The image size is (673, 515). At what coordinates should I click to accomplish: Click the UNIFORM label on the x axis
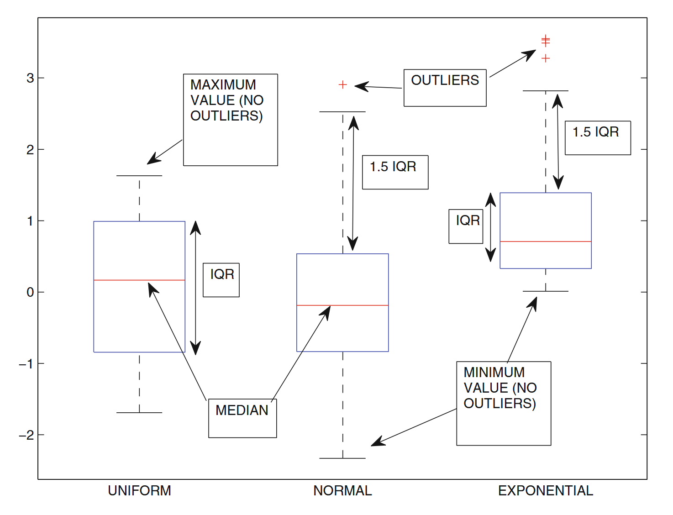click(x=139, y=491)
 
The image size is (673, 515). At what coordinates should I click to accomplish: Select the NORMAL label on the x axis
click(x=342, y=491)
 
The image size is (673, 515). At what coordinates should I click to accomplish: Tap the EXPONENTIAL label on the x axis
click(x=546, y=491)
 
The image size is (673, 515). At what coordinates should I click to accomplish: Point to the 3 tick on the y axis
click(x=30, y=78)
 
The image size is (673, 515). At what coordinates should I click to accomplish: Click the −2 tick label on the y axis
click(x=26, y=435)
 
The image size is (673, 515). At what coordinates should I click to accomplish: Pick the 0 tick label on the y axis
click(x=30, y=292)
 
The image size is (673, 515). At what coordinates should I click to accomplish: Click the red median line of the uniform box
click(x=114, y=280)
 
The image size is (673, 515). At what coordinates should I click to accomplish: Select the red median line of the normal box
click(x=361, y=305)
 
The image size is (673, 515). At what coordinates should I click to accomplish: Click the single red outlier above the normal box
click(x=343, y=84)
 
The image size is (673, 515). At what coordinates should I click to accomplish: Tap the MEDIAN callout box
click(x=242, y=418)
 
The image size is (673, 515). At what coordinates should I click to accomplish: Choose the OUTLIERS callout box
click(x=445, y=88)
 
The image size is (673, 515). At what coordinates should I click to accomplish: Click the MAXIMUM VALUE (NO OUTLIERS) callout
click(x=231, y=120)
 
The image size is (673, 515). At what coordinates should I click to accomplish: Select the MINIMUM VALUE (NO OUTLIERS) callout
click(x=504, y=403)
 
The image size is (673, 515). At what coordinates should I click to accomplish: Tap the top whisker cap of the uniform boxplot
click(x=139, y=176)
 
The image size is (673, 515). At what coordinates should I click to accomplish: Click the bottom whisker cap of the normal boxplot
click(x=342, y=458)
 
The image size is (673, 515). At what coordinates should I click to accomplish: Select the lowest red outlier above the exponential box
click(x=546, y=58)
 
